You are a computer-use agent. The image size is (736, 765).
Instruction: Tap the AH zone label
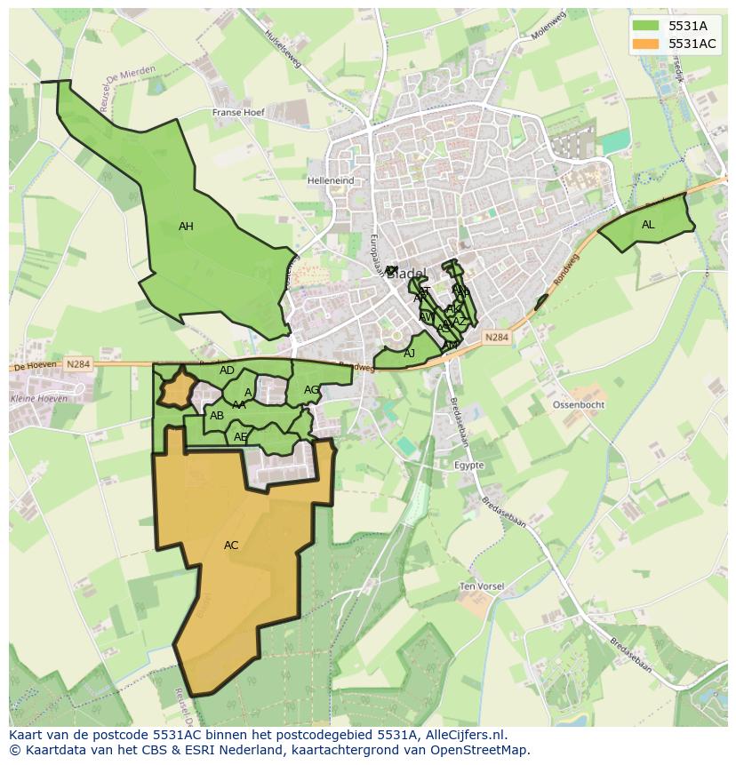pyautogui.click(x=186, y=227)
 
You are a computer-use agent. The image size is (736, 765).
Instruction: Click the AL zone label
pyautogui.click(x=648, y=225)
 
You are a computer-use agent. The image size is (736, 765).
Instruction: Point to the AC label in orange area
pyautogui.click(x=231, y=546)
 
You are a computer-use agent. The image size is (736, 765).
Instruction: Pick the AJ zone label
pyautogui.click(x=410, y=354)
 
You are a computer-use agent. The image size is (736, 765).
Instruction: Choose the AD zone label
pyautogui.click(x=227, y=371)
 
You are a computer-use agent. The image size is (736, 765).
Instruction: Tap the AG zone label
pyautogui.click(x=311, y=390)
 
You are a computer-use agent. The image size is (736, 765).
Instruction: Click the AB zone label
pyautogui.click(x=217, y=415)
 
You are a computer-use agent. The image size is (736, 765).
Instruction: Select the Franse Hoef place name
pyautogui.click(x=239, y=113)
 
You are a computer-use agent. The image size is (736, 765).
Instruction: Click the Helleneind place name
pyautogui.click(x=331, y=180)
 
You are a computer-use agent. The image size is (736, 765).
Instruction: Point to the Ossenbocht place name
pyautogui.click(x=579, y=404)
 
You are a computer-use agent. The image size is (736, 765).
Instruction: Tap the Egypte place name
pyautogui.click(x=468, y=465)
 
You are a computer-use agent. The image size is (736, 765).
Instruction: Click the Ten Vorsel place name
pyautogui.click(x=482, y=586)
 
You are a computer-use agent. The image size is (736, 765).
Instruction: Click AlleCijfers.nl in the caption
pyautogui.click(x=462, y=735)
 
